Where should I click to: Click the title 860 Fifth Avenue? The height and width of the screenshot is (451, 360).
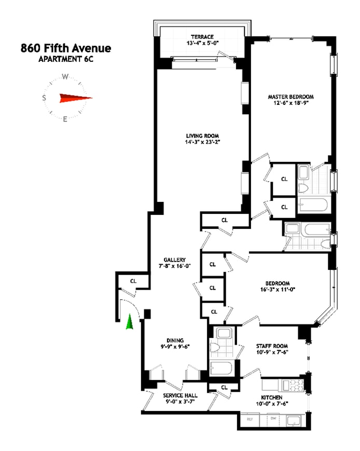pyautogui.click(x=65, y=49)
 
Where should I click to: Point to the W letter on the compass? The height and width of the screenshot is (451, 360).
pyautogui.click(x=65, y=76)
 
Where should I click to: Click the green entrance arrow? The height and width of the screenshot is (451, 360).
pyautogui.click(x=130, y=322)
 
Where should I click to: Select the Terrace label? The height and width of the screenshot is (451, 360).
pyautogui.click(x=202, y=37)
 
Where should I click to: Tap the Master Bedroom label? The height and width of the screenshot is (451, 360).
pyautogui.click(x=290, y=97)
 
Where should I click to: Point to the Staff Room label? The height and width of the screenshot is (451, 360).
pyautogui.click(x=272, y=346)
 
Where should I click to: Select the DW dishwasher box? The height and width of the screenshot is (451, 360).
pyautogui.click(x=272, y=418)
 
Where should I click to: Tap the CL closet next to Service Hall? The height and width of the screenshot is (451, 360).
pyautogui.click(x=224, y=387)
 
